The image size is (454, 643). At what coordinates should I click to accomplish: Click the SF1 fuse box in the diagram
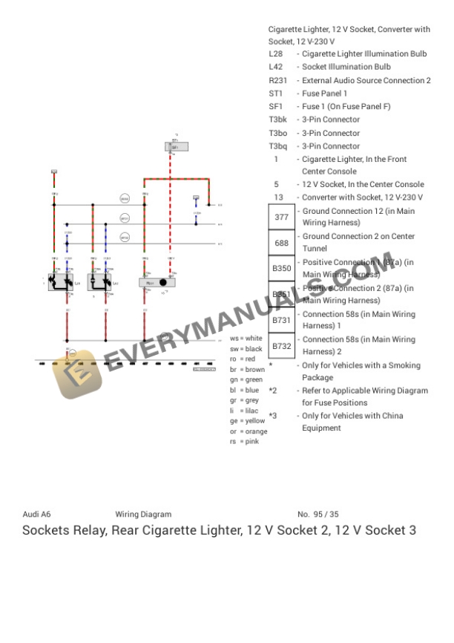176,147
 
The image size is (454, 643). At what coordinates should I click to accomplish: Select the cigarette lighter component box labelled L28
60,281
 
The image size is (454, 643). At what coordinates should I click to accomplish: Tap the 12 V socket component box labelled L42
99,281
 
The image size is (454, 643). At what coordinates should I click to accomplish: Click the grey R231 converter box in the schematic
157,282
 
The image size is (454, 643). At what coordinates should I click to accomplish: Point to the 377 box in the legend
281,218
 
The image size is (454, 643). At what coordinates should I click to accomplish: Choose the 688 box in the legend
281,243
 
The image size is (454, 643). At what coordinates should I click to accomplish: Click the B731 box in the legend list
281,320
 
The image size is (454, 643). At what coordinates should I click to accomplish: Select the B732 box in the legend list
281,346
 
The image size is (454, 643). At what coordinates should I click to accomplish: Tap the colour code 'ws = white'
246,339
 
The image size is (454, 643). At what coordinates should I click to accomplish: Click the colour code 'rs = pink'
244,442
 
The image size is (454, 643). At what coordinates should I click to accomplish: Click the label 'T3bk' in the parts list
277,120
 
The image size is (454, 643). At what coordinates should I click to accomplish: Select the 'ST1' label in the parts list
275,94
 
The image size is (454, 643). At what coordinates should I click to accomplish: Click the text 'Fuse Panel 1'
324,94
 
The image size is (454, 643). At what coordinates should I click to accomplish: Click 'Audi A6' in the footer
36,514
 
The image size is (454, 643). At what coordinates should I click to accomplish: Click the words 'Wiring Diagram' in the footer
143,514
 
